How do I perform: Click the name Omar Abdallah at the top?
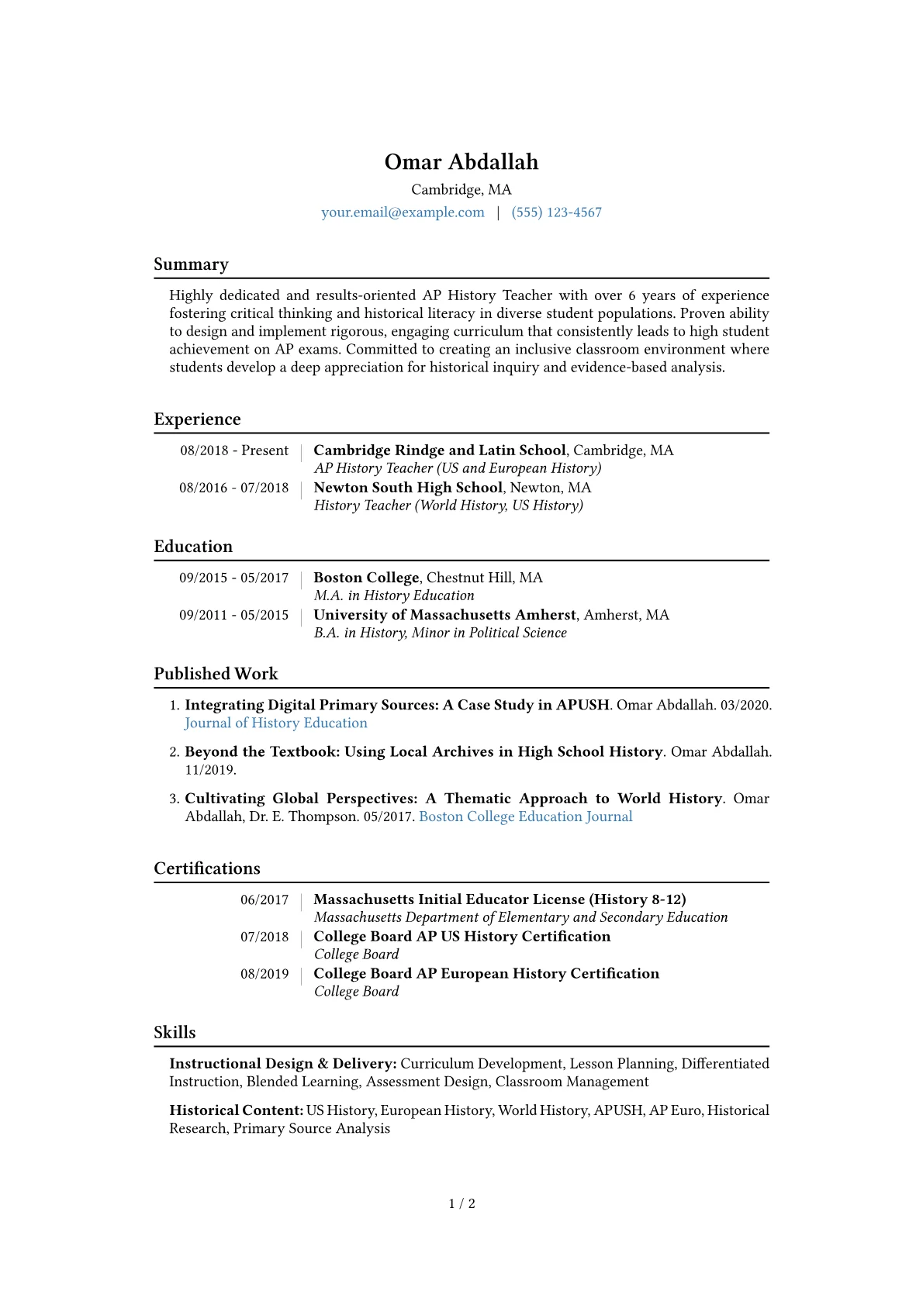pos(461,162)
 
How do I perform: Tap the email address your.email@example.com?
pos(403,212)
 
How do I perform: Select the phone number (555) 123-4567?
pos(556,212)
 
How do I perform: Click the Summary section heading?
pos(191,264)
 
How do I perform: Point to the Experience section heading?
pos(197,419)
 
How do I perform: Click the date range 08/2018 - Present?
pos(233,451)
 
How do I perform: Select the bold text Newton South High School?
pos(408,488)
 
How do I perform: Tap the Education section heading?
pos(193,547)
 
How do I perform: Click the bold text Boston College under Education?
pos(366,578)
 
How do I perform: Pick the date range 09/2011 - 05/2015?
pos(233,615)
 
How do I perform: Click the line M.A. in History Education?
pos(394,596)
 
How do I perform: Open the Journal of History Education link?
pos(276,723)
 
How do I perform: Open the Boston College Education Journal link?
pos(525,816)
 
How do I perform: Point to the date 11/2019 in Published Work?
pos(209,770)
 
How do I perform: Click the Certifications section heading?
pos(207,868)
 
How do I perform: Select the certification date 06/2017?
pos(264,899)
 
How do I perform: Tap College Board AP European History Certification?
pos(486,974)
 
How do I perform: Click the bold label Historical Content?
pos(236,1110)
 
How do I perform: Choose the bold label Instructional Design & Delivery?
pos(283,1064)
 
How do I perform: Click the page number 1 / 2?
pos(461,1203)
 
